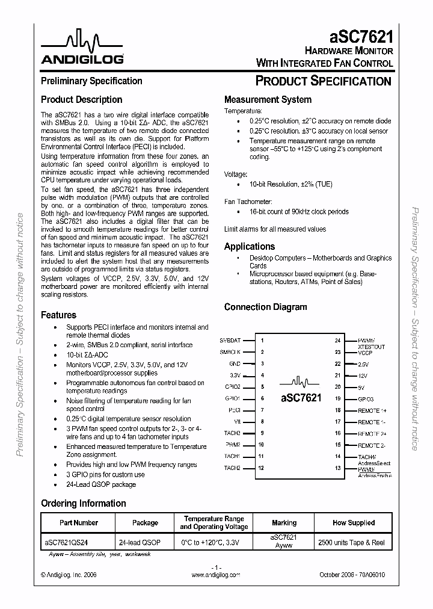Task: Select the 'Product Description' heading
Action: tap(81, 100)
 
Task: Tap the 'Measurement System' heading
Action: tap(268, 100)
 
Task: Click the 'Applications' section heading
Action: tap(249, 246)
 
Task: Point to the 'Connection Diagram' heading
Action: tap(265, 307)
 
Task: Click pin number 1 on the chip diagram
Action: tap(262, 341)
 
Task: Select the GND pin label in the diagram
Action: tap(235, 363)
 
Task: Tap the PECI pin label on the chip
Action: tap(235, 410)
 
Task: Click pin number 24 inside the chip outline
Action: tap(337, 341)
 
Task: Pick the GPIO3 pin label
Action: tap(366, 398)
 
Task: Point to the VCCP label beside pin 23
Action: tap(365, 352)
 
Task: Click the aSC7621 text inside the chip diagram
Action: tap(301, 398)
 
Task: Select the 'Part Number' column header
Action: tap(78, 523)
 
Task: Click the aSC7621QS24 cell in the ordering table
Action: tap(70, 542)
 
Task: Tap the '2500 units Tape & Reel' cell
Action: tap(352, 542)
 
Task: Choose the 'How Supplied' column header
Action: tap(352, 523)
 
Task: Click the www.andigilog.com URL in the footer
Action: tap(216, 575)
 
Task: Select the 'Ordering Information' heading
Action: tap(83, 503)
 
